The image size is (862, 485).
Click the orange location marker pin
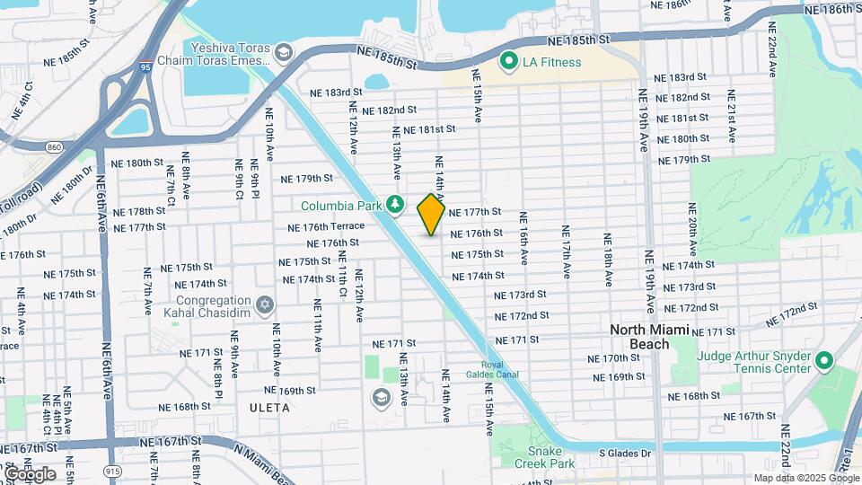coord(431,214)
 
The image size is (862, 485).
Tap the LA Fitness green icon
coord(508,62)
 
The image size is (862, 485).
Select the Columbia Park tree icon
coord(393,205)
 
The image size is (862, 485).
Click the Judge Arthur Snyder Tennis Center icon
coord(824,362)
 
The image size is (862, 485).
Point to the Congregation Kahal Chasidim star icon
coord(264,306)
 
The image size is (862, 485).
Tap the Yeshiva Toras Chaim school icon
coord(285,53)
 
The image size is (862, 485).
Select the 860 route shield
coord(55,146)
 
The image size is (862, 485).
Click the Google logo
coord(29,473)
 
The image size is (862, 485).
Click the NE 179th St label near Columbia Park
coord(307,179)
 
